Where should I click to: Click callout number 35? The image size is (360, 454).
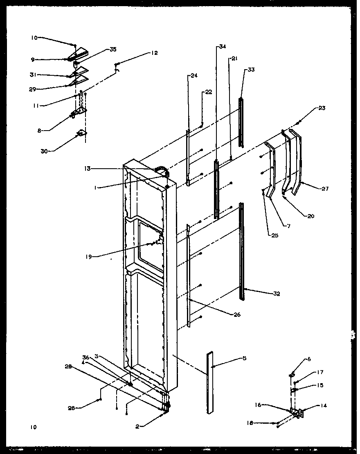point(113,50)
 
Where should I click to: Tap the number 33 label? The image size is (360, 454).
point(250,70)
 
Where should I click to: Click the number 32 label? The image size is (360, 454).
point(276,294)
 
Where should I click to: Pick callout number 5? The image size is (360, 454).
point(245,359)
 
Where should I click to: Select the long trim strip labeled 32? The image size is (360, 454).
point(242,250)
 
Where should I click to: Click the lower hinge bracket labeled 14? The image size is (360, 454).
point(297,413)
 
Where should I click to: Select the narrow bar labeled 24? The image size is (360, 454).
point(188,158)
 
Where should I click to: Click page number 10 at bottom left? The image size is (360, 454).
point(33,427)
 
